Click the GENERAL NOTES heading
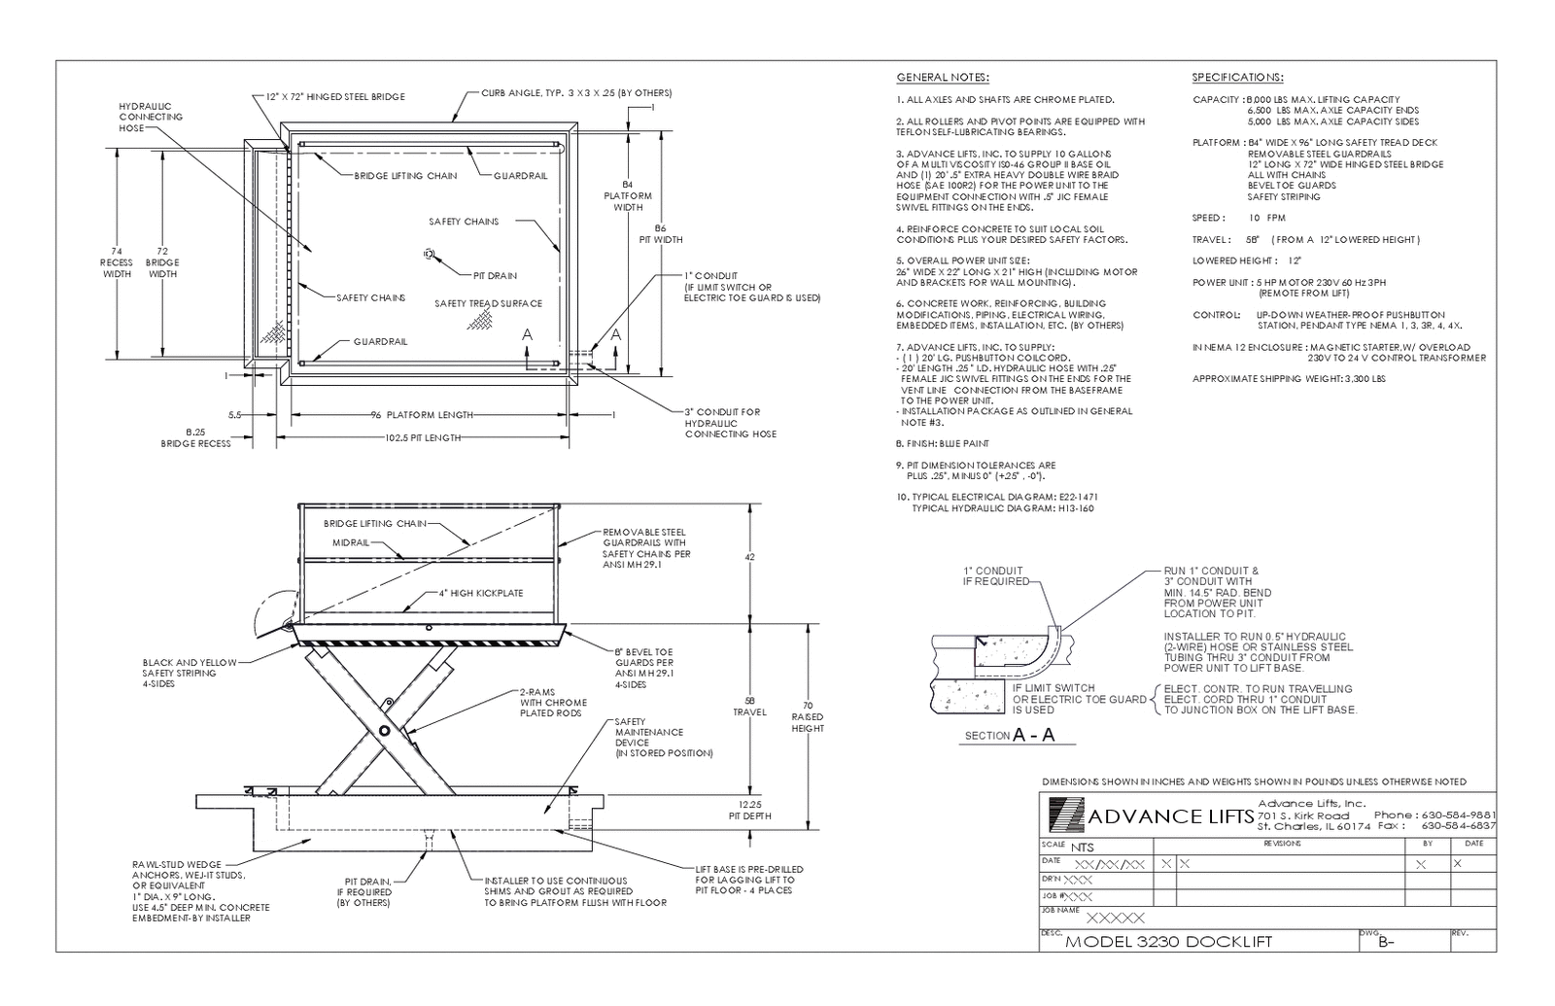coord(942,77)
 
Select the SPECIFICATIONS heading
coord(1237,77)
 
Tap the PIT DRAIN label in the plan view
coord(495,275)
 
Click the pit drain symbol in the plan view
coord(429,254)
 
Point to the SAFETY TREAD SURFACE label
coord(488,303)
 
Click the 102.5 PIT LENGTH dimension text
coord(422,438)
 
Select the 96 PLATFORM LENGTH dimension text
coord(421,415)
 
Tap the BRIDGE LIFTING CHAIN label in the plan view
coord(405,176)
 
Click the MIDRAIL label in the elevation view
coord(351,541)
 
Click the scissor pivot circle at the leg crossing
coord(384,730)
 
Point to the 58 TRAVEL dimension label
coord(749,706)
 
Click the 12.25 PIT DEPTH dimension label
coord(749,810)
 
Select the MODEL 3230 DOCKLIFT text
coord(1168,941)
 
